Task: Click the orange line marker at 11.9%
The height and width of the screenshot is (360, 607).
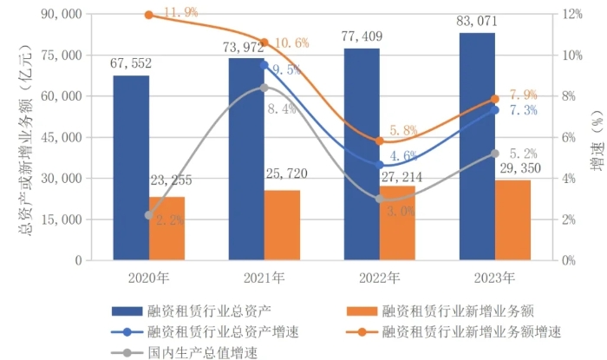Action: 148,15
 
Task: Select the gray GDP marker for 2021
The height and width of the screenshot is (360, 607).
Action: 264,88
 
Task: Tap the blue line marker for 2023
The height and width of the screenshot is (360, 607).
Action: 495,109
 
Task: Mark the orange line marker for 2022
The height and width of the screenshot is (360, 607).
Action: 379,141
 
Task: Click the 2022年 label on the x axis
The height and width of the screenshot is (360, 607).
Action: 379,279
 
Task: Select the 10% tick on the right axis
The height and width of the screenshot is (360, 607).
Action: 570,56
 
